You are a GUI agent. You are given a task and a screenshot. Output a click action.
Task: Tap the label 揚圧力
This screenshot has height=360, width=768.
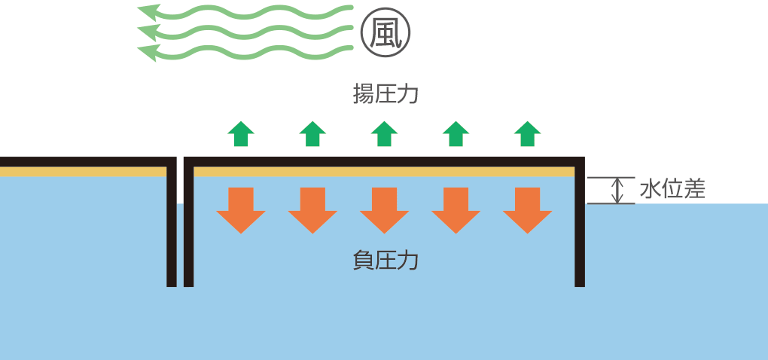[x=385, y=95]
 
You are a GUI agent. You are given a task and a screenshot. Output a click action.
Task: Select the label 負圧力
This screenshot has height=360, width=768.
[x=385, y=261]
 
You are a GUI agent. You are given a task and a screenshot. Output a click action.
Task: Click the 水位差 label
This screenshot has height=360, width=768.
[x=672, y=189]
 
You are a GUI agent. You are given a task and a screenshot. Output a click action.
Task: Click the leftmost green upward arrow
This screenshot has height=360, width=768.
[x=241, y=133]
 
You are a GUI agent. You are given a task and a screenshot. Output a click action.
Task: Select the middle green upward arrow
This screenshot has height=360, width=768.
[x=384, y=133]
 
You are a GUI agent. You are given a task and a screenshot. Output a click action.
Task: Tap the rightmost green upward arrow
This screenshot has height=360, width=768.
[x=527, y=133]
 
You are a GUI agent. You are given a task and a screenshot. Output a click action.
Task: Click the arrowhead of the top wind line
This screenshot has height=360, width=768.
[x=148, y=11]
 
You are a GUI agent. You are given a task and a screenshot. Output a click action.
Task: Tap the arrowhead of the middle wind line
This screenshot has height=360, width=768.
[x=148, y=32]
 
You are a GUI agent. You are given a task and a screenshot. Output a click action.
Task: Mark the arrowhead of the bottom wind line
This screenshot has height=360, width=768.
[x=148, y=52]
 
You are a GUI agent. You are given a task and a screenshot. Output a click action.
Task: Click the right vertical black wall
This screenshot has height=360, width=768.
[x=580, y=226]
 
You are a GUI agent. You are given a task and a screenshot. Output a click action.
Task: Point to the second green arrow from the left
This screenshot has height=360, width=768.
[x=312, y=133]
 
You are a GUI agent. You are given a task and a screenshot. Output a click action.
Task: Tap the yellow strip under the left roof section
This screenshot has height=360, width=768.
[x=83, y=172]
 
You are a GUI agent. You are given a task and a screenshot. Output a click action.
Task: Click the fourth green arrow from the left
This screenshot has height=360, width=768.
[x=456, y=133]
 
